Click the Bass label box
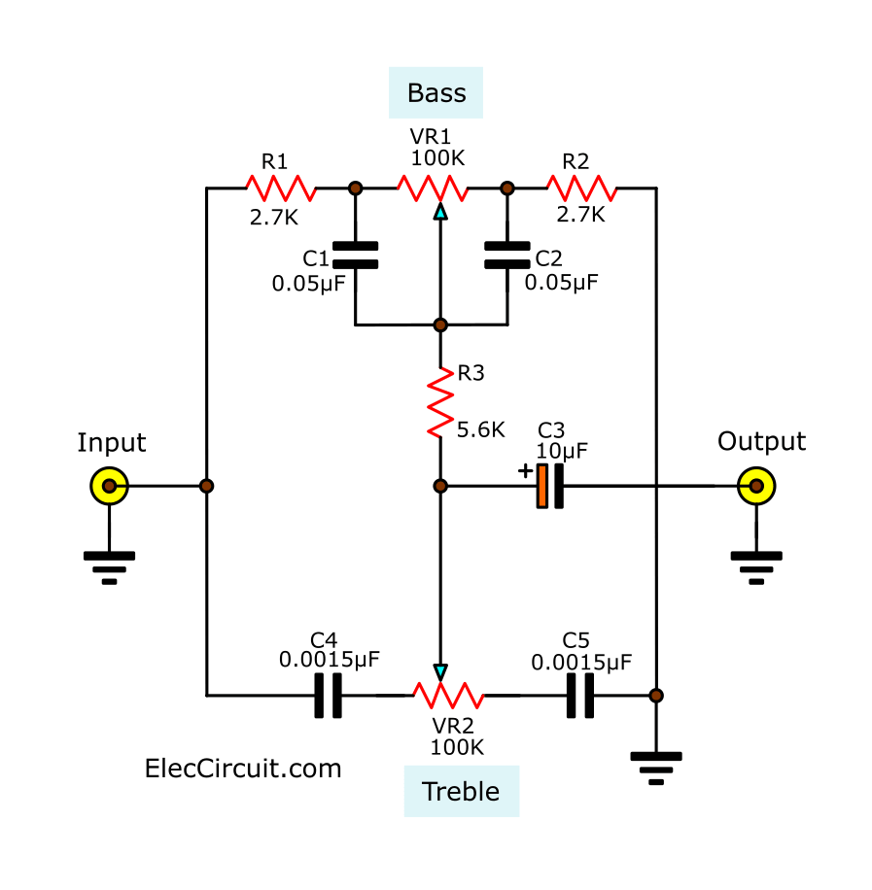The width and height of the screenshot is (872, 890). coord(436,93)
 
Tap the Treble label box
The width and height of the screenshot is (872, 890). coord(461,791)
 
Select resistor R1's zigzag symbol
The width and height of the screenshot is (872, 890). coord(280,188)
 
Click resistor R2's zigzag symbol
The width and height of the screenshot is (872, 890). coord(581,188)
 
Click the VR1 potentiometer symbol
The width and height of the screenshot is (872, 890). coord(432,188)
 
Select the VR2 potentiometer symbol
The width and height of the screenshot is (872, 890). coord(448,695)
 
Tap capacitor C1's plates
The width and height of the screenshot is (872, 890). coord(355,256)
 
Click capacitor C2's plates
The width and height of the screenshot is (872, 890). coord(506,256)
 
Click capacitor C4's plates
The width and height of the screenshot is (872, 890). coord(329,696)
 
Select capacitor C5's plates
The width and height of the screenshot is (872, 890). coord(580,696)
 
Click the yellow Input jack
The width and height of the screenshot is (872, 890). coord(110,485)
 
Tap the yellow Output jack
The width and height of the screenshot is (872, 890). coord(755,485)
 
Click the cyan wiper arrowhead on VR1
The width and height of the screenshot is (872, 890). coord(440,211)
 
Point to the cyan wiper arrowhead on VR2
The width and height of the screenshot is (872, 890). coord(440,671)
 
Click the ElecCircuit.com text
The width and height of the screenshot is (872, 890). coord(243,769)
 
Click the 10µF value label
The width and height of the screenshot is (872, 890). coord(562,450)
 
